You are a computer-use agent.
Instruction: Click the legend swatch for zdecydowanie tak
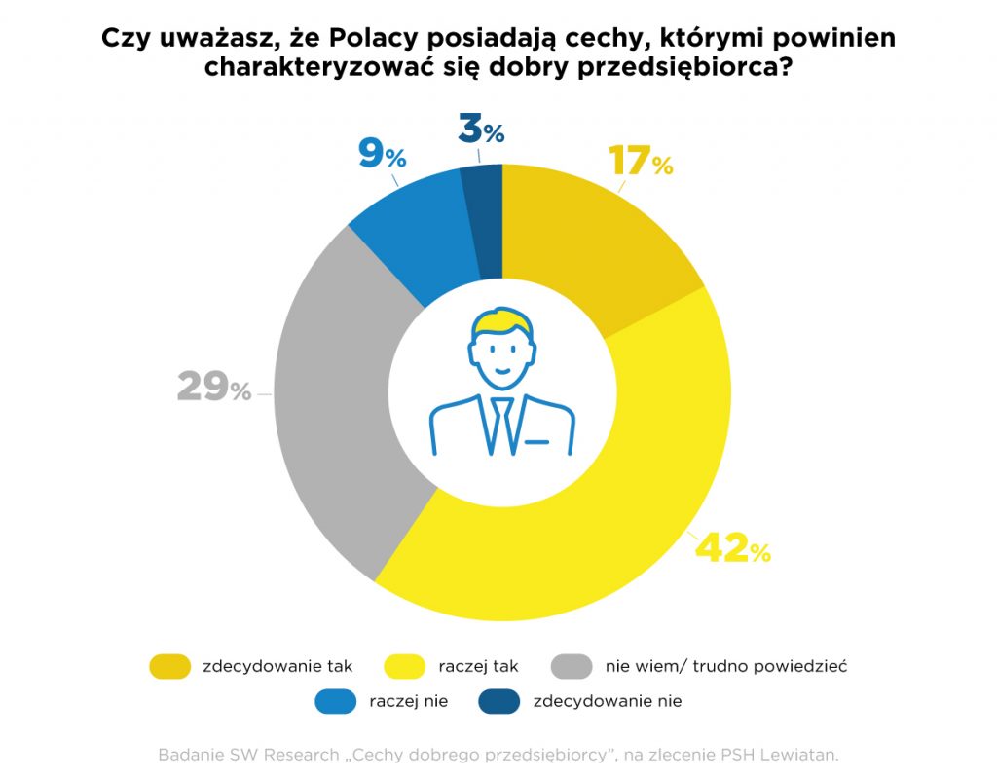(170, 667)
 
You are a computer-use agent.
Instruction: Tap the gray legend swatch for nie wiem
(572, 667)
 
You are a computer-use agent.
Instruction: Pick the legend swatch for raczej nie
(337, 701)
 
